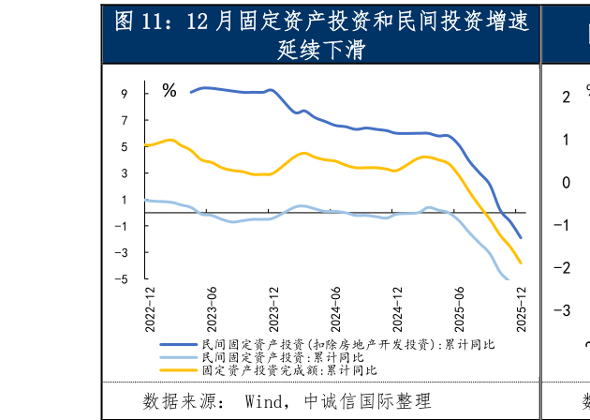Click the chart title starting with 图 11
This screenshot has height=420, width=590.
tap(321, 35)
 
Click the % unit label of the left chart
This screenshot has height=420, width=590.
tap(170, 91)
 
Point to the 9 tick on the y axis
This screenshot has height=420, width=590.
tap(124, 94)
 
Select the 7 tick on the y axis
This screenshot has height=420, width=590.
tap(124, 121)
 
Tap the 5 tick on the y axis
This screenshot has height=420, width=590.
tap(124, 147)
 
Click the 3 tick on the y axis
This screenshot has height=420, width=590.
tap(124, 173)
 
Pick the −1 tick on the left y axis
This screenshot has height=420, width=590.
tap(121, 226)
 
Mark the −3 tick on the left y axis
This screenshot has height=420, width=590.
tap(121, 252)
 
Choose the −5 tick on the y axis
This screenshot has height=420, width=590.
tap(121, 278)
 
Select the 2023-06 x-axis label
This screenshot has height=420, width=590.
tap(212, 308)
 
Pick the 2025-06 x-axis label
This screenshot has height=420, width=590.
tap(460, 308)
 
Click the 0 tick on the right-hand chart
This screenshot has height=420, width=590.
tap(566, 182)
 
